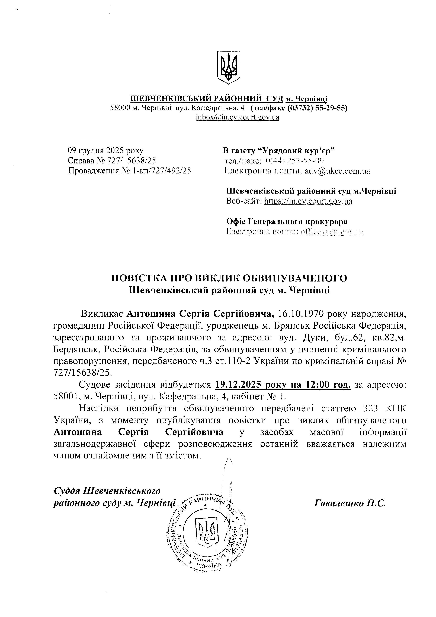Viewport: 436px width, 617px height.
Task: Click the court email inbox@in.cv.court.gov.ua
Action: [237, 117]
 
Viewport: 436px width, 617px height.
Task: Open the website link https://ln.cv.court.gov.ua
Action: [308, 201]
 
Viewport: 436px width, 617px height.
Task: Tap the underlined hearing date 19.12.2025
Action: [238, 385]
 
